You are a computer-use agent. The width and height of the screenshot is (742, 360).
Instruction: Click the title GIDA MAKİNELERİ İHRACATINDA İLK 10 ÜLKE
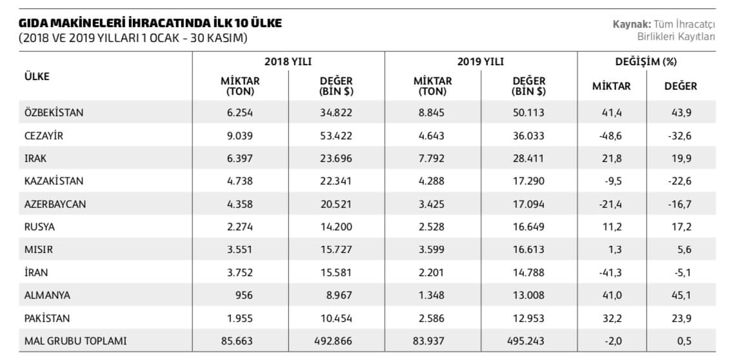tap(150, 23)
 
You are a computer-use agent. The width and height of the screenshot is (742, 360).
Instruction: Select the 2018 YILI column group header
tap(288, 61)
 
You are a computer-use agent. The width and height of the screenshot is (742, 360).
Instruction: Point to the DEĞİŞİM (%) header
tap(646, 61)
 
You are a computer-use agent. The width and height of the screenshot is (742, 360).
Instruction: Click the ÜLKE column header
tap(36, 76)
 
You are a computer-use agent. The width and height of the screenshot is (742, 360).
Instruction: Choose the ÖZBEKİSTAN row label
tap(54, 113)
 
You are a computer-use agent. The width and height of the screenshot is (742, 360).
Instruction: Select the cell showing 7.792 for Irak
tap(432, 159)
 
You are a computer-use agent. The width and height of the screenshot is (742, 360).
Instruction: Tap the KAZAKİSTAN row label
tap(54, 181)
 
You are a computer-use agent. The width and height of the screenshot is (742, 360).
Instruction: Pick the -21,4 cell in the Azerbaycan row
tap(610, 205)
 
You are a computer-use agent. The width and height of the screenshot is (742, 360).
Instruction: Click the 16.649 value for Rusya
tap(528, 226)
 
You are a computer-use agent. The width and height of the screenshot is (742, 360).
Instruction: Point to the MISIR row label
tap(37, 249)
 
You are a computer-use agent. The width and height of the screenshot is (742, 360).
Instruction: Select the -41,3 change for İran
tap(610, 272)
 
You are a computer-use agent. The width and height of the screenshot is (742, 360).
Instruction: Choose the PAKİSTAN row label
tap(47, 318)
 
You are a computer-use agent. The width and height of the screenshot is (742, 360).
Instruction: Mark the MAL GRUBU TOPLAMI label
tap(75, 341)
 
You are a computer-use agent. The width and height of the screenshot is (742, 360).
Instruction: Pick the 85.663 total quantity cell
tap(237, 341)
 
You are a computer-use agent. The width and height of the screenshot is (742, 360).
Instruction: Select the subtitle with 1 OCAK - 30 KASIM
tap(134, 38)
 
